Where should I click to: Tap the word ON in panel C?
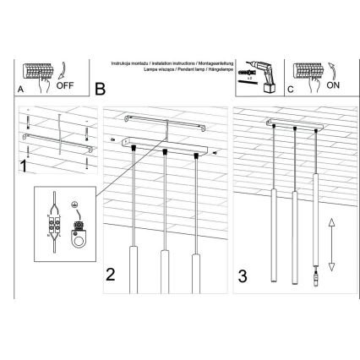331,86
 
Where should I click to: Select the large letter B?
101,88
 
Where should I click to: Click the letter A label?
20,89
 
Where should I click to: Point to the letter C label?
289,88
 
